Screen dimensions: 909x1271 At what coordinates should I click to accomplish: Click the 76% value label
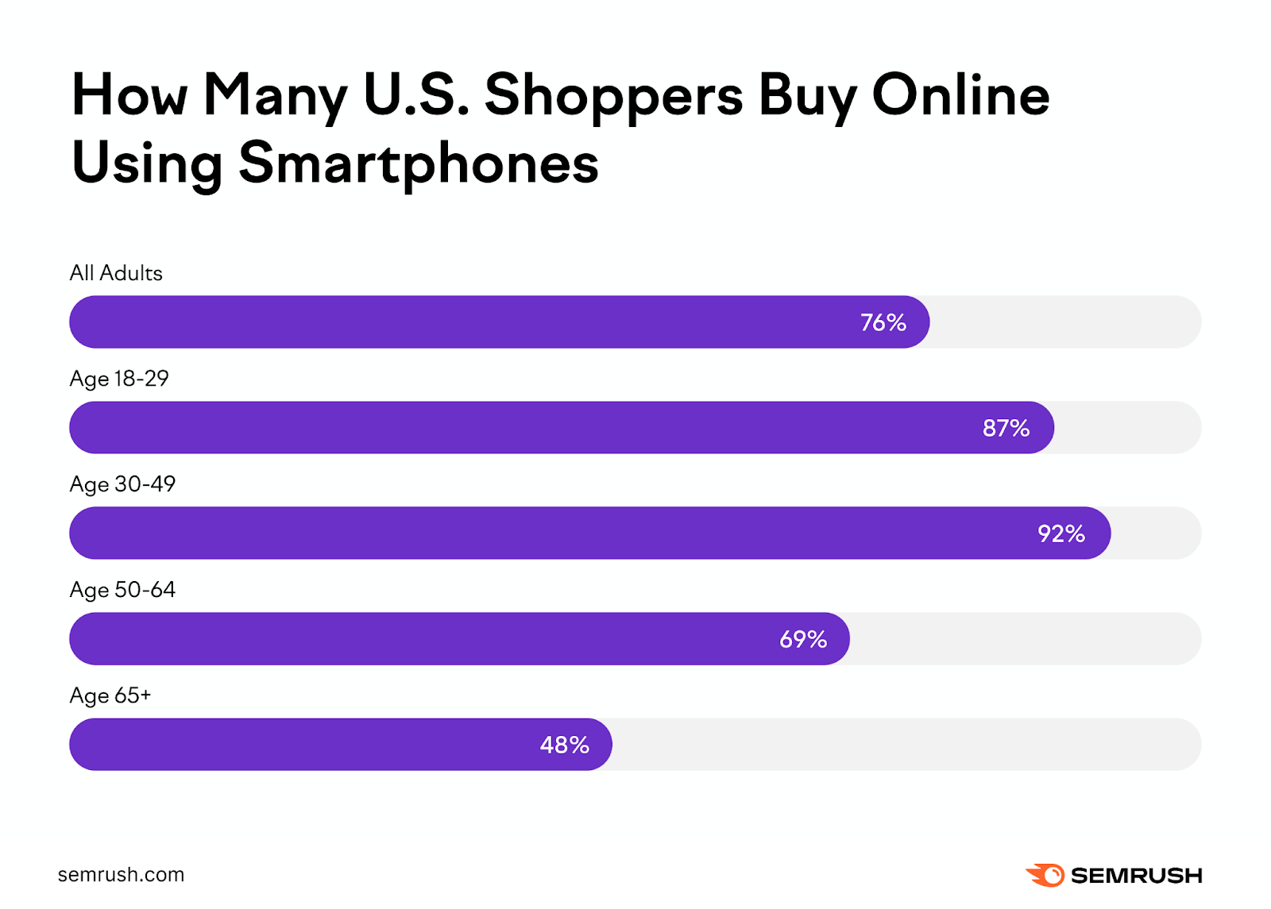click(x=883, y=322)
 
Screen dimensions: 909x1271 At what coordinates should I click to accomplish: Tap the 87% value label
click(x=1006, y=428)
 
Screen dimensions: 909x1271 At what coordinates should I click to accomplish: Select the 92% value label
click(x=1061, y=533)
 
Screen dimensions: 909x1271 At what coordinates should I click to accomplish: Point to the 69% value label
click(x=803, y=639)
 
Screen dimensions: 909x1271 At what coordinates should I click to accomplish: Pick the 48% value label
click(x=564, y=745)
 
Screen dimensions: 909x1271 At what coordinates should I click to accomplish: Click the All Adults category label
click(x=116, y=273)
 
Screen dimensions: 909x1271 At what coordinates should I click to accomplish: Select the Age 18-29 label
click(x=119, y=379)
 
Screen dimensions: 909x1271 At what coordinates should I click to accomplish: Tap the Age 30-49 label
click(x=122, y=484)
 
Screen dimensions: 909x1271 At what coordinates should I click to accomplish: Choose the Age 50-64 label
click(x=122, y=590)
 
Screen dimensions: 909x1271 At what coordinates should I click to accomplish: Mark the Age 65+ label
click(x=110, y=695)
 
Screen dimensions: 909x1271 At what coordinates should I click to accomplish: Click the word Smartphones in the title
click(x=418, y=164)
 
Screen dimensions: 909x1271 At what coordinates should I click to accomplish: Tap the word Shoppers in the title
click(x=613, y=96)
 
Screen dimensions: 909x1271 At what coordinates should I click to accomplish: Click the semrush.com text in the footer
click(x=121, y=875)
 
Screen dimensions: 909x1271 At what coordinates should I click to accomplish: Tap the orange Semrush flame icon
click(x=1045, y=875)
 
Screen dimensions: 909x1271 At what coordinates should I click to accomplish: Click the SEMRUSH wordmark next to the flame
click(x=1136, y=876)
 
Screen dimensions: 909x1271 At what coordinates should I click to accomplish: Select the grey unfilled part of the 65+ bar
click(x=906, y=745)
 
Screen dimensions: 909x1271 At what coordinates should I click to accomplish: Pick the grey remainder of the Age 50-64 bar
click(x=1025, y=639)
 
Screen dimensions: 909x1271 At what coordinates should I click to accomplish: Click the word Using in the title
click(x=147, y=164)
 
